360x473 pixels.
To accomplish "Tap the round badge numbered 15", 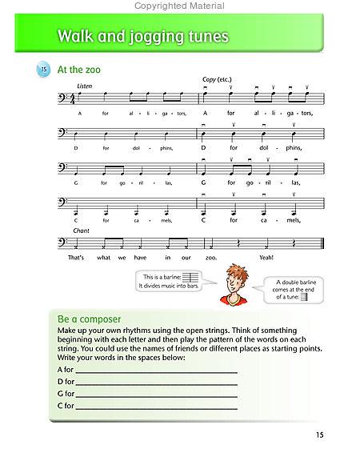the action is pyautogui.click(x=42, y=70).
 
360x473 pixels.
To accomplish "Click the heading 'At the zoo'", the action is pyautogui.click(x=78, y=70).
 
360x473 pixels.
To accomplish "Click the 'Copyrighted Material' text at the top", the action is pyautogui.click(x=180, y=5).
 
